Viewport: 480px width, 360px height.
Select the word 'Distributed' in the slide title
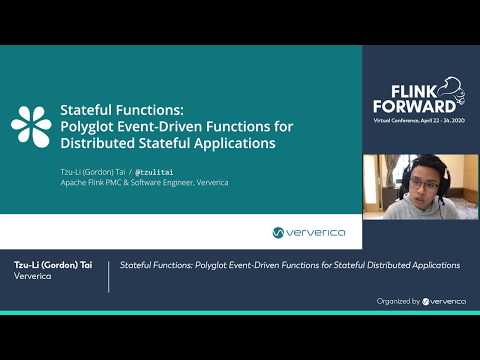tap(96, 142)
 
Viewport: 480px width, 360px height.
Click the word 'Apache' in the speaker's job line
tap(74, 183)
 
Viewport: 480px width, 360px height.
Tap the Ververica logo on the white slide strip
tap(309, 232)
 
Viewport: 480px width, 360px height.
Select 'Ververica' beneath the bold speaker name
tap(33, 277)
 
